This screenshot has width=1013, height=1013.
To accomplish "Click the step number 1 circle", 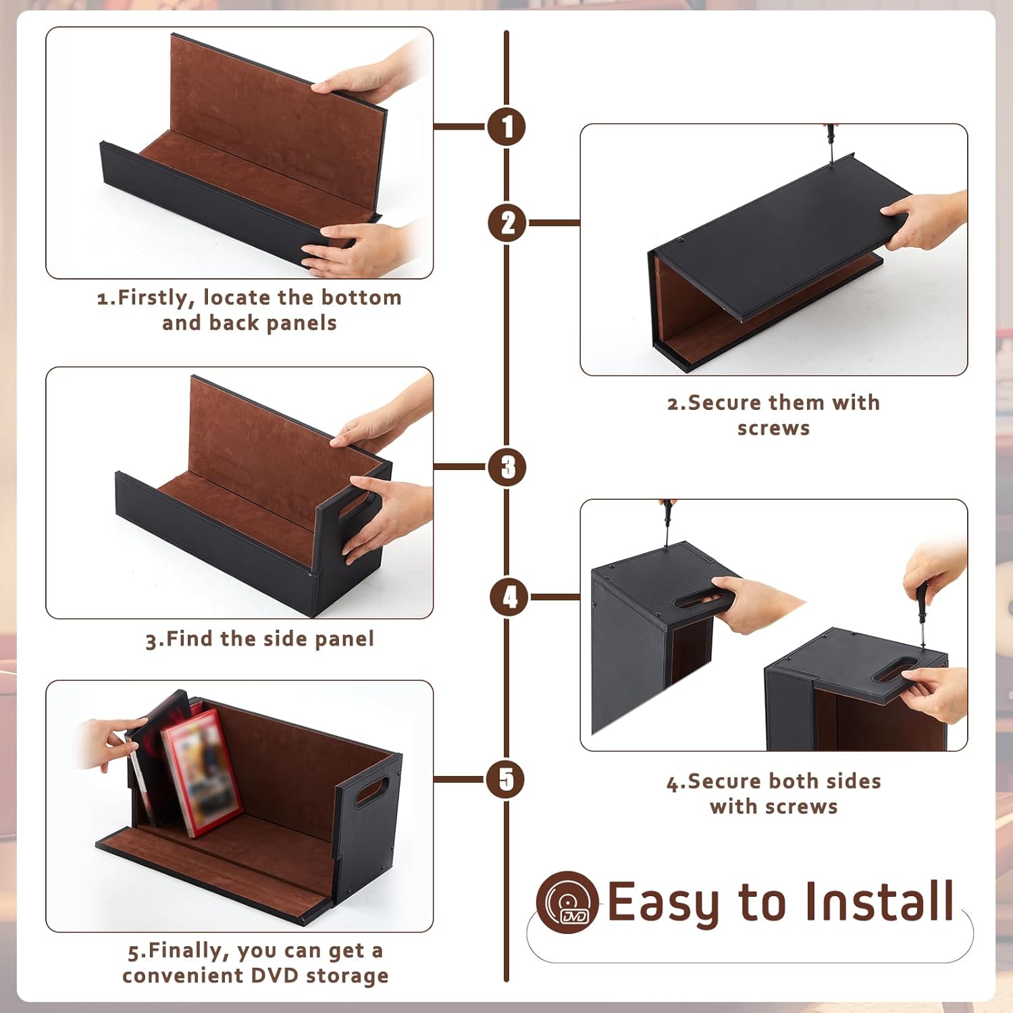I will [506, 126].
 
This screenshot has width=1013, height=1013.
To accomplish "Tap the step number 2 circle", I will [508, 223].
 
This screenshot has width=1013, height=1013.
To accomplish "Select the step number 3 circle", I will [508, 467].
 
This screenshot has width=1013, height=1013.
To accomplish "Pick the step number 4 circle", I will [510, 597].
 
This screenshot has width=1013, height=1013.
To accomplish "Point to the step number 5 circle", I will [506, 779].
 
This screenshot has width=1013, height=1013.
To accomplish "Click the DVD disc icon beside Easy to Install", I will [567, 902].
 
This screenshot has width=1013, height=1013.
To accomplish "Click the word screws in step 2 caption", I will [773, 428].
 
